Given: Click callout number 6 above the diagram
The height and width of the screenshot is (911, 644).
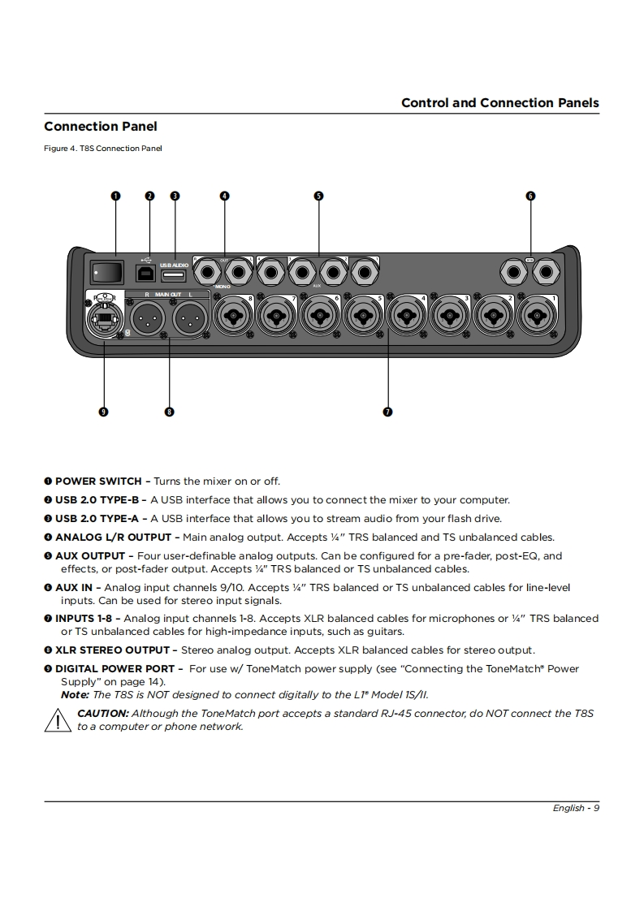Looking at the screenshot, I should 530,196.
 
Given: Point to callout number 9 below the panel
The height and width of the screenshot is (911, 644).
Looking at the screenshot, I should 103,412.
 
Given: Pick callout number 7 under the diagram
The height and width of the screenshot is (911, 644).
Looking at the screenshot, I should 388,412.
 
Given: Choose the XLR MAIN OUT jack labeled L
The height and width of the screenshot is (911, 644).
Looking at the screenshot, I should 189,316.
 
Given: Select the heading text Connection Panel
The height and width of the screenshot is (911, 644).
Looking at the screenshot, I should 101,127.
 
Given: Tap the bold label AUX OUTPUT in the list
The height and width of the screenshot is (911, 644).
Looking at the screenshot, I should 89,556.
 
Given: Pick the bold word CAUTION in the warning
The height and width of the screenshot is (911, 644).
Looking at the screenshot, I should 102,714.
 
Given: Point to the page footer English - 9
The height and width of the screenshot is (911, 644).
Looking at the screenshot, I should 576,808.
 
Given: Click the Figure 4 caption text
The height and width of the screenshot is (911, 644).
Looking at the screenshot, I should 103,149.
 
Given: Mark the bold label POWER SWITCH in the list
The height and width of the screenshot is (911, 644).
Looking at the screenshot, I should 98,481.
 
